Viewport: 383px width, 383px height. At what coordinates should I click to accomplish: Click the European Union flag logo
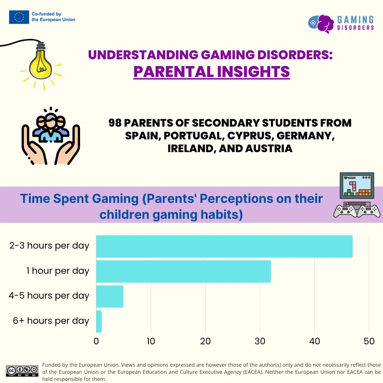19,17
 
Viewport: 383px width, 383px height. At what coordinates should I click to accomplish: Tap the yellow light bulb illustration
40,65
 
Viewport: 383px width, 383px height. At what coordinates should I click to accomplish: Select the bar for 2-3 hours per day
224,246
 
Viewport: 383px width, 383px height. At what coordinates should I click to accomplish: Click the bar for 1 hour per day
183,271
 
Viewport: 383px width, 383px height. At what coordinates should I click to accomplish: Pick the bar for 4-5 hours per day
110,296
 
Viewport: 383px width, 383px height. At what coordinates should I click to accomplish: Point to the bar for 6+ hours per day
99,321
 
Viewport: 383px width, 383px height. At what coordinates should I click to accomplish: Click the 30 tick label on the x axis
260,341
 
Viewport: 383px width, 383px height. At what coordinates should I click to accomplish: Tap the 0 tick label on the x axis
96,341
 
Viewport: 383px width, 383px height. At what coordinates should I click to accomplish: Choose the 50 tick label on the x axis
369,341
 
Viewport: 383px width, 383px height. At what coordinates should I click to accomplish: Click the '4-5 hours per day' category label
49,296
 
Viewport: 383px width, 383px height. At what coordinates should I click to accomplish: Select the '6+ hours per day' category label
51,321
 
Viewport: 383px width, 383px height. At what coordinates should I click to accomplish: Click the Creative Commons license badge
22,371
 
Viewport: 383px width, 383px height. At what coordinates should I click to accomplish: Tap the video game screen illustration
357,185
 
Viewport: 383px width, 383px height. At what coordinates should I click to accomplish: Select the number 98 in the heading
115,123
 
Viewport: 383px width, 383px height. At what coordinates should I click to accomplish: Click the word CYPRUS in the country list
249,136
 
